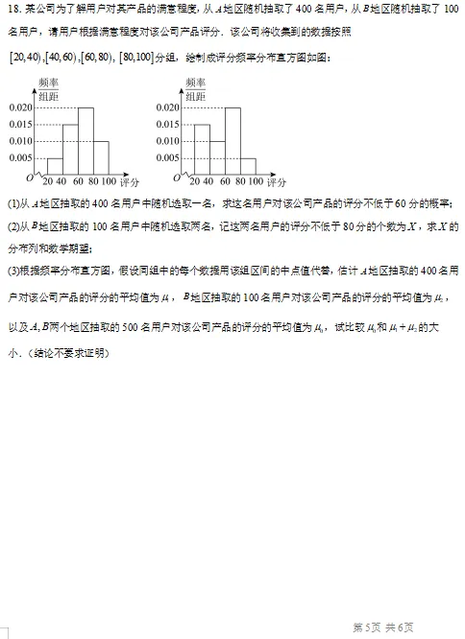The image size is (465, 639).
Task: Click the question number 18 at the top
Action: tap(12, 10)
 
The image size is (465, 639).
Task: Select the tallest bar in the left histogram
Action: tap(86, 140)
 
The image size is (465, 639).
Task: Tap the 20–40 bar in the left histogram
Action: tap(55, 165)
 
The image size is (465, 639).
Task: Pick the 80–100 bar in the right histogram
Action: tap(248, 165)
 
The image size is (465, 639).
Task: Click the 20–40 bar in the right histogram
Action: tap(202, 149)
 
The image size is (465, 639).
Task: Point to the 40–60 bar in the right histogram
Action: tap(217, 156)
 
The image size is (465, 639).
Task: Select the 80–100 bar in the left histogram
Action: tap(101, 156)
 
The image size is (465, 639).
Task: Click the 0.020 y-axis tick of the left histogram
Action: tap(20, 108)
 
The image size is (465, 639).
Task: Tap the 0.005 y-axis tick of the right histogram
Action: tap(170, 157)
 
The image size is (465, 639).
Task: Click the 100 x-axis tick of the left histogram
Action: tap(108, 181)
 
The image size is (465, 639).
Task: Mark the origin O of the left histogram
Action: tap(30, 177)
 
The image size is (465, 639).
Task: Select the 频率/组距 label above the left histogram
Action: tap(48, 90)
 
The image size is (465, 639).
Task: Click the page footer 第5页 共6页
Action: tap(383, 627)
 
